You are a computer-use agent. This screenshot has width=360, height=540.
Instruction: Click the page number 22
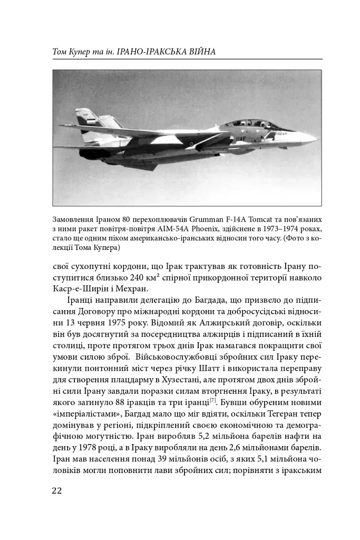pos(57,490)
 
